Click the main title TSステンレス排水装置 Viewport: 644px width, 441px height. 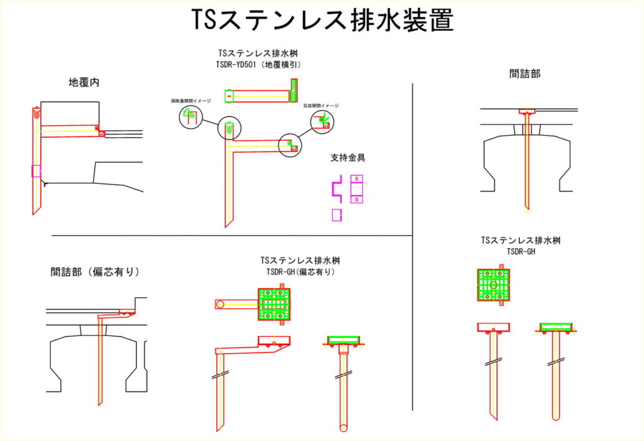[322, 21]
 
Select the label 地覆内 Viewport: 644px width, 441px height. [84, 82]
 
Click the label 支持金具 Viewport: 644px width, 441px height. [348, 157]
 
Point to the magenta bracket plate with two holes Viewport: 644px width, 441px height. [357, 188]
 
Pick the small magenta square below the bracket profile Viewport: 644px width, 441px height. [336, 214]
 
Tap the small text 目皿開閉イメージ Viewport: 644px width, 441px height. [320, 106]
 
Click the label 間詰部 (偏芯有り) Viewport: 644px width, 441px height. [95, 272]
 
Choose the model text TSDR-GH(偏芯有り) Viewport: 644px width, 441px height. [300, 272]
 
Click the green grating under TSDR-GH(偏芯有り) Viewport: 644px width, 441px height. [274, 304]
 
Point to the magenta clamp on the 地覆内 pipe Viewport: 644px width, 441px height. [36, 170]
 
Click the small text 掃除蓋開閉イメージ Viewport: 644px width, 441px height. [191, 101]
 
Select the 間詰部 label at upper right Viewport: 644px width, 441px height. [525, 73]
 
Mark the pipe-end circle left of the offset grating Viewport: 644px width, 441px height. [219, 305]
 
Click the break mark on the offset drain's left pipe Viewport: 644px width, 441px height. [220, 376]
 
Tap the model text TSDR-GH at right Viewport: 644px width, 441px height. [521, 251]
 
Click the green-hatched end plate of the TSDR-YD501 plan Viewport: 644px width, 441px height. [292, 92]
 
